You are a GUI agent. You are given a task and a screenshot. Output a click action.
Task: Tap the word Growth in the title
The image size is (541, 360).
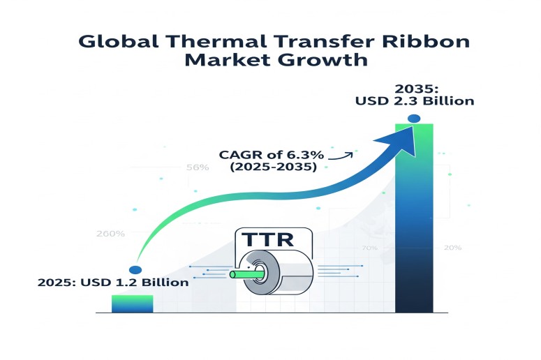[323, 60]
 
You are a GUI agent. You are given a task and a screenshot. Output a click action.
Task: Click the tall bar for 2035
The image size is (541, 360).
[414, 218]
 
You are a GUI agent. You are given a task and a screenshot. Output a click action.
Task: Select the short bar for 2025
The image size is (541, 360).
[132, 303]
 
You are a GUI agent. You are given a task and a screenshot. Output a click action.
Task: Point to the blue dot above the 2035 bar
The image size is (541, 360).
[414, 119]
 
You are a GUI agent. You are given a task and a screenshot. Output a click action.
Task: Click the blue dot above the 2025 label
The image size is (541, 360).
[135, 270]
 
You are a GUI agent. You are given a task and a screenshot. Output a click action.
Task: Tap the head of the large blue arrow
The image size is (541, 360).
[399, 141]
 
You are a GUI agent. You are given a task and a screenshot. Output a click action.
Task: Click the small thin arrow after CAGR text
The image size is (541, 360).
[341, 156]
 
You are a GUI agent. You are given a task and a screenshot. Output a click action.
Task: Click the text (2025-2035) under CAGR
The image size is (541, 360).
[273, 167]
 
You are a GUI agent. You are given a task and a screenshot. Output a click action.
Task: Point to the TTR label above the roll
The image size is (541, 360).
[267, 239]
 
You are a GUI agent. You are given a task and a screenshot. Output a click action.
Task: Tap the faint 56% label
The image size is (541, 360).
[198, 167]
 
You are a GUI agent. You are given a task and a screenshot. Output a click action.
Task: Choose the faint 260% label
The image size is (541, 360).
[110, 234]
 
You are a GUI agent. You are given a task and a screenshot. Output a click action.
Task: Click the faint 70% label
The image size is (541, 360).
[369, 248]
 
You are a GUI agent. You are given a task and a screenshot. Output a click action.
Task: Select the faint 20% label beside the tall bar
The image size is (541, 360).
[452, 248]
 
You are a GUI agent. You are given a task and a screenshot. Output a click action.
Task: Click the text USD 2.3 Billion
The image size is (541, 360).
[415, 101]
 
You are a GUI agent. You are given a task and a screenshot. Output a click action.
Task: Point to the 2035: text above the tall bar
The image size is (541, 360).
[417, 89]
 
